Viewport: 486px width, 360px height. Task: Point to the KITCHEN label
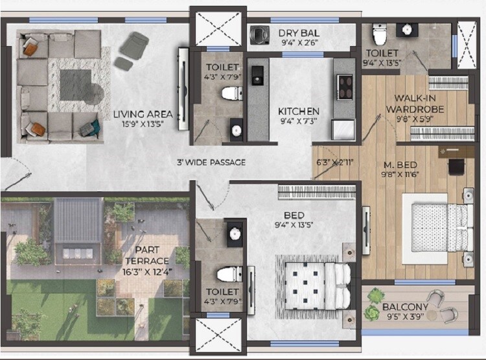point(299,111)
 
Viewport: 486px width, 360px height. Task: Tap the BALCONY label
point(404,307)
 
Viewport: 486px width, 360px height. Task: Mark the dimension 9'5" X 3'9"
point(404,318)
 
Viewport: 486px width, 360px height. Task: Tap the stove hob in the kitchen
point(345,84)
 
